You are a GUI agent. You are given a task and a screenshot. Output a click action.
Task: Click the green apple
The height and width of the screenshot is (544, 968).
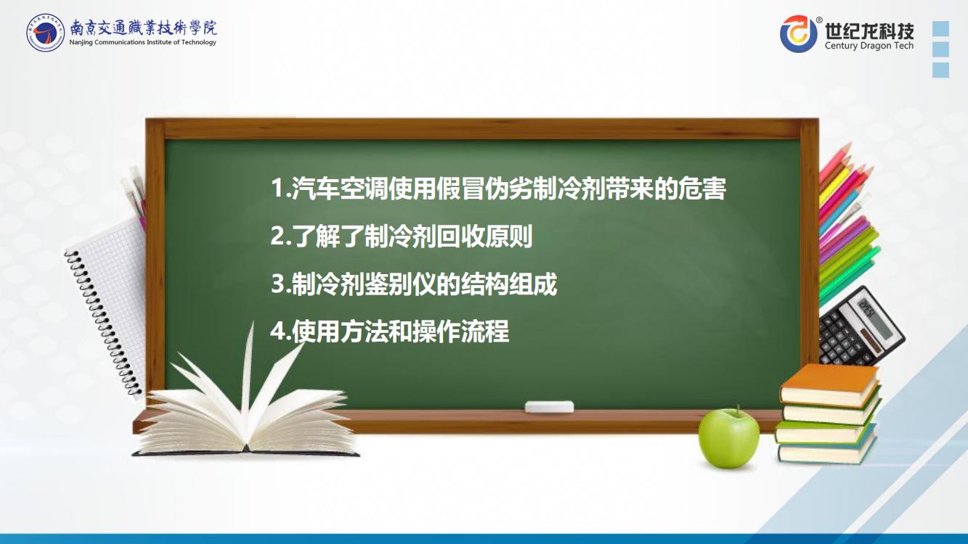coord(729,438)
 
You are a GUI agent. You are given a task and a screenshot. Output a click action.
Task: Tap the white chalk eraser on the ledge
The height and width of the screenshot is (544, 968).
coord(549,407)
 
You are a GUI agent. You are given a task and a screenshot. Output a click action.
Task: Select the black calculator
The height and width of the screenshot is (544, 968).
coord(860,326)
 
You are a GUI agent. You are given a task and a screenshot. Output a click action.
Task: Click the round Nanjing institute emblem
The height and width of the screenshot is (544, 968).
coord(45,32)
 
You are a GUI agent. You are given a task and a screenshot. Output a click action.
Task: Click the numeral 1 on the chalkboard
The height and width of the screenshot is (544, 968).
coord(277,189)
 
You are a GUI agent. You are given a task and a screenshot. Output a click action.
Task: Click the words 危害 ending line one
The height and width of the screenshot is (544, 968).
coord(701,189)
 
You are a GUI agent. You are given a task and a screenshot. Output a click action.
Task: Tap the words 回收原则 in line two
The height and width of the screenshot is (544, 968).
coord(484,236)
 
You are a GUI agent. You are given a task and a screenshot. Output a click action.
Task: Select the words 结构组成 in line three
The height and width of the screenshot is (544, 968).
coord(508,284)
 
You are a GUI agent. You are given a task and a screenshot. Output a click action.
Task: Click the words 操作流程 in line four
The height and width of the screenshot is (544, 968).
coord(460,331)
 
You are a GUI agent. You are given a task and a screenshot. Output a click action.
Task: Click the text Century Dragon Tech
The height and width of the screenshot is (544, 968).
coord(869,45)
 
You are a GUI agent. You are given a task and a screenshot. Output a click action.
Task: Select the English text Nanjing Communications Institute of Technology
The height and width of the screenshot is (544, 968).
coord(142,42)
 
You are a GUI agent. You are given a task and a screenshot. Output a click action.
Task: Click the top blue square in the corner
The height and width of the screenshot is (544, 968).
coord(941,28)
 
